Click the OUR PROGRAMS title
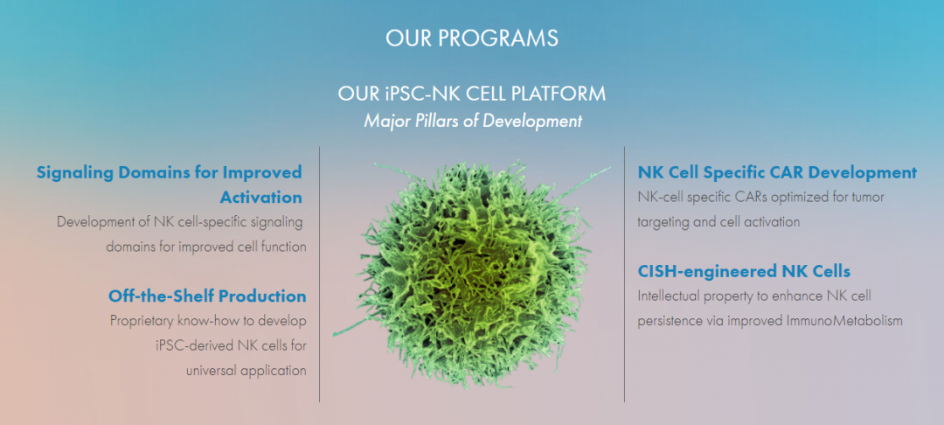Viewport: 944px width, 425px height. [x=472, y=38]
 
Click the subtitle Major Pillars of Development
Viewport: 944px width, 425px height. [x=473, y=121]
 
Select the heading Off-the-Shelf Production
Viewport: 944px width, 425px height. [x=207, y=296]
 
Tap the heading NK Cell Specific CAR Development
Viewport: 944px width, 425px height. [x=777, y=173]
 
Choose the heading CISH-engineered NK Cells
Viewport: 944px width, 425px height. [x=744, y=271]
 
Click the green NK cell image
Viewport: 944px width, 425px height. [x=473, y=273]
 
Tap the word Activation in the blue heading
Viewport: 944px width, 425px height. [x=260, y=198]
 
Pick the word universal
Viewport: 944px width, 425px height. [x=211, y=370]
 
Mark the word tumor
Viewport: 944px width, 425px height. [x=869, y=198]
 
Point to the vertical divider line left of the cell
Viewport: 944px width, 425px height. [x=320, y=274]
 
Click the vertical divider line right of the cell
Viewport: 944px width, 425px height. [x=624, y=274]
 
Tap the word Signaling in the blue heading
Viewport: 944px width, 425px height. [x=75, y=173]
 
